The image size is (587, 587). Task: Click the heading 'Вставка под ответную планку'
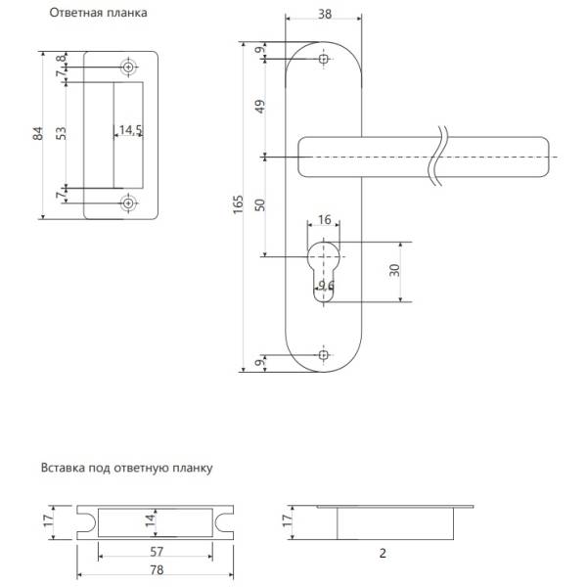126,468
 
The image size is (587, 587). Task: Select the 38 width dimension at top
324,14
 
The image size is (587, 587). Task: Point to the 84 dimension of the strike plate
38,134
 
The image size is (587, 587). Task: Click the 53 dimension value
62,134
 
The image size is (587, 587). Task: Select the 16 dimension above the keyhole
324,221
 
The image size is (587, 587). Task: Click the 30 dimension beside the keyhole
393,270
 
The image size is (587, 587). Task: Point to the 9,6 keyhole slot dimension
327,285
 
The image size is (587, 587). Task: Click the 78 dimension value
157,568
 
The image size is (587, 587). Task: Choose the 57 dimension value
157,552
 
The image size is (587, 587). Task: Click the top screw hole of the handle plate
324,61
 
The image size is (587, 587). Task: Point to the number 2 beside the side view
383,553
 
